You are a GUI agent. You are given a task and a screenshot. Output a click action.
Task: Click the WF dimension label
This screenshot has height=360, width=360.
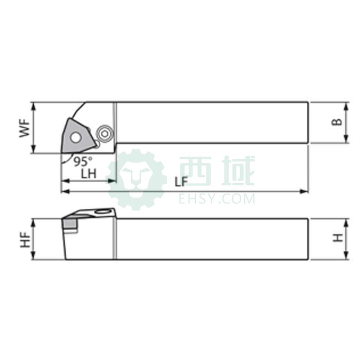(25, 128)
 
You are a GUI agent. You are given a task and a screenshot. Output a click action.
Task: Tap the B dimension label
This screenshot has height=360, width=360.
(337, 122)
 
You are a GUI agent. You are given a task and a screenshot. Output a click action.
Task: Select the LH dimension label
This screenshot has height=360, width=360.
(89, 174)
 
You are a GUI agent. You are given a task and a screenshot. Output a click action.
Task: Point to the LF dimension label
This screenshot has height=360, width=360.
(181, 182)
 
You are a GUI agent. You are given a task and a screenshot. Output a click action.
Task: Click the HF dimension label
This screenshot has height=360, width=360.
(25, 240)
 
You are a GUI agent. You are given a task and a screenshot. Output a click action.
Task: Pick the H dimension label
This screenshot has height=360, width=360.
(338, 238)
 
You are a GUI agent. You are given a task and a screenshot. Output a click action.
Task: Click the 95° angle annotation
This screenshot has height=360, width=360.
(83, 162)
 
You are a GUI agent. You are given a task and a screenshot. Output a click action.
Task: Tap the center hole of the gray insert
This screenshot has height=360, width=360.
(76, 138)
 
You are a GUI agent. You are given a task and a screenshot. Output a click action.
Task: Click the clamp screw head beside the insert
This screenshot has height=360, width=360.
(104, 134)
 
